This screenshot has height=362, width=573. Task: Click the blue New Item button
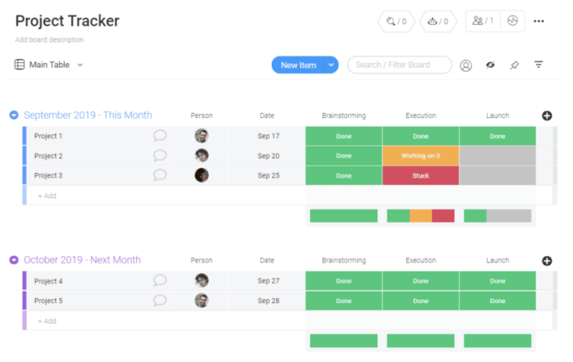click(298, 65)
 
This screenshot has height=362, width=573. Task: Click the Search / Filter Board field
click(399, 65)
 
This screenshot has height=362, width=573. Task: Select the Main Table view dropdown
click(48, 65)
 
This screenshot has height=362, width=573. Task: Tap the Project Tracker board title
click(67, 21)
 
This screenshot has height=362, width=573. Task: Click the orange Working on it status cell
click(420, 156)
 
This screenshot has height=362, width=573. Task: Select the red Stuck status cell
click(420, 175)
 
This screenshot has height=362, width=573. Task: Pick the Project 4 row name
click(49, 281)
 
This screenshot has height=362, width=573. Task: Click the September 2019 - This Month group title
click(88, 115)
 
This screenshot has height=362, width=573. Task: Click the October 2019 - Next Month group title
click(82, 260)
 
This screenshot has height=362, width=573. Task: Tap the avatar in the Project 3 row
click(201, 175)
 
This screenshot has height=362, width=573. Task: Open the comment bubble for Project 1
click(160, 136)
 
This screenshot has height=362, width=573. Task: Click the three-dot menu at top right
click(539, 21)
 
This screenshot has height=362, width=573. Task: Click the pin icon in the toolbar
click(514, 65)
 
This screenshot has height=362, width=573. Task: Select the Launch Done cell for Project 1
click(497, 136)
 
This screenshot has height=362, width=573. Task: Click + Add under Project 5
click(47, 321)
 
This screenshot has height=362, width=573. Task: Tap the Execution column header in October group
click(420, 260)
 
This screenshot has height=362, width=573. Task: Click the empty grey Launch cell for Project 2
click(497, 156)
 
